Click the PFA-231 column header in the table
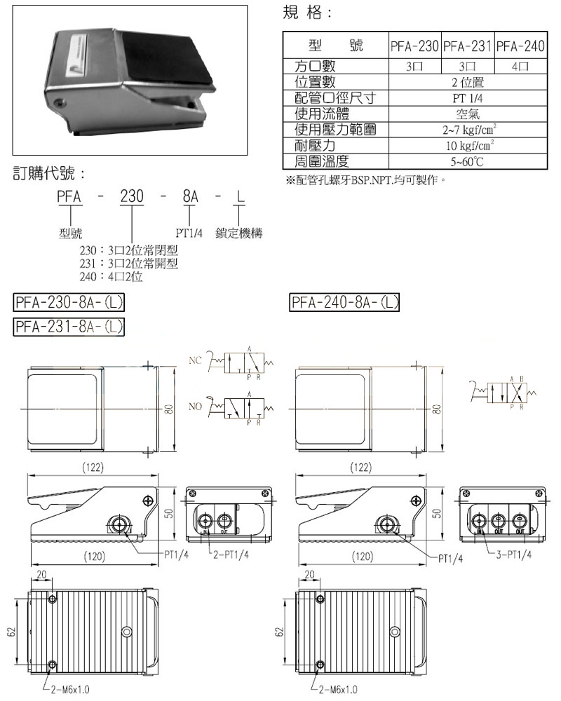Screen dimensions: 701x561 point(468,47)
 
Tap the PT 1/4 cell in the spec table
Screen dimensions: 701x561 point(467,98)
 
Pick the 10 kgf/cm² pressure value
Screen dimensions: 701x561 point(467,146)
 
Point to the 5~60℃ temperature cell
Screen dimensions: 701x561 point(467,162)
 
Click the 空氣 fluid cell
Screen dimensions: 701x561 point(467,114)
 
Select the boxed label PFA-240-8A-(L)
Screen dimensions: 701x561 point(344,303)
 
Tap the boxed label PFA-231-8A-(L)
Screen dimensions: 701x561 point(69,327)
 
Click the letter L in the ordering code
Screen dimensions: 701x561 point(241,198)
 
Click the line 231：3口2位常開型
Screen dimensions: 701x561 point(129,264)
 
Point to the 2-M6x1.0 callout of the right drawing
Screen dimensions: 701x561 point(338,690)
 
